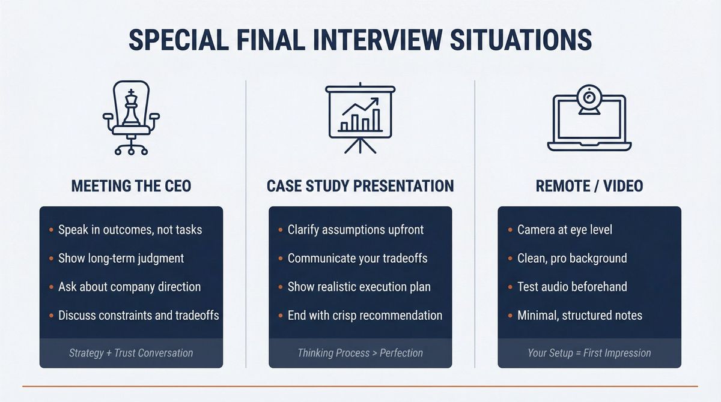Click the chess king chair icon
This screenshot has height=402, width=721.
(131, 118)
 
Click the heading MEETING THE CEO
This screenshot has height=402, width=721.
(131, 186)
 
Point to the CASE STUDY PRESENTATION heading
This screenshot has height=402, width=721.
(360, 186)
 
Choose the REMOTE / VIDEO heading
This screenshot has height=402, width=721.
(589, 186)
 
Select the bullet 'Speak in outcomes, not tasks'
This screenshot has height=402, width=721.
(130, 230)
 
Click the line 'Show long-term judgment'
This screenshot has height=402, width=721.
(121, 259)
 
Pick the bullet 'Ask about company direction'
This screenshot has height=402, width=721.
(129, 287)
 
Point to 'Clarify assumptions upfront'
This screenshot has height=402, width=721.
(355, 230)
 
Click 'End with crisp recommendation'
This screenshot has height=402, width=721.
(365, 316)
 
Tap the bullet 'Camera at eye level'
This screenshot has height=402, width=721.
(564, 230)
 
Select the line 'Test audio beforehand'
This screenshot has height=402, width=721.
(572, 287)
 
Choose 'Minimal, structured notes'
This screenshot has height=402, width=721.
(579, 316)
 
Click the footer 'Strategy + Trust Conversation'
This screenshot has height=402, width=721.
(131, 353)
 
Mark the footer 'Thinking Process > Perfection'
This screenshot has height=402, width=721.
(360, 353)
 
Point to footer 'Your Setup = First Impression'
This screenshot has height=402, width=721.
(589, 353)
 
